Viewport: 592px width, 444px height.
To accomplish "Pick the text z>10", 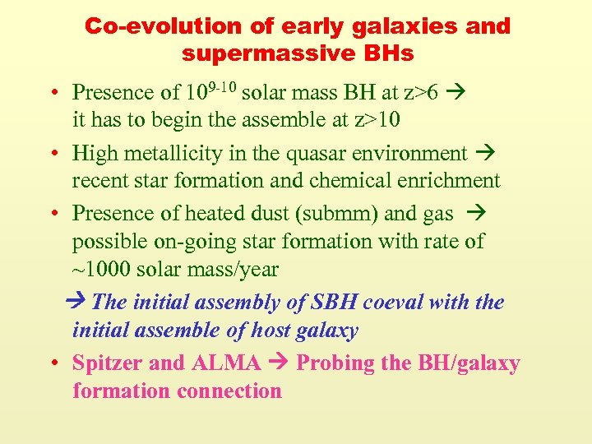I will [376, 120].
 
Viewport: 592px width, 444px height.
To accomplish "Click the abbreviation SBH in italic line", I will [335, 302].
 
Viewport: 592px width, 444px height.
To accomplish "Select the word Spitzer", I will [106, 363].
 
